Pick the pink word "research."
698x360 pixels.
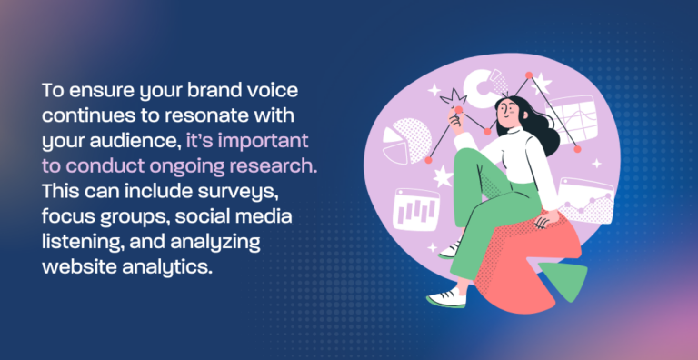(x=274, y=167)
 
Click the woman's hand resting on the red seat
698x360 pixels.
(x=543, y=222)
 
